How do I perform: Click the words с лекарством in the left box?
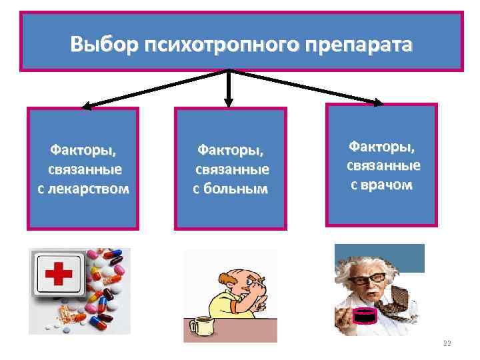[83, 189]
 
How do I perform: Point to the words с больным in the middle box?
[230, 189]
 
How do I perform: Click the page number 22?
[447, 343]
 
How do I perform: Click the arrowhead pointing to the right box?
[378, 103]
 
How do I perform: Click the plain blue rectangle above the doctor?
[379, 258]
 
